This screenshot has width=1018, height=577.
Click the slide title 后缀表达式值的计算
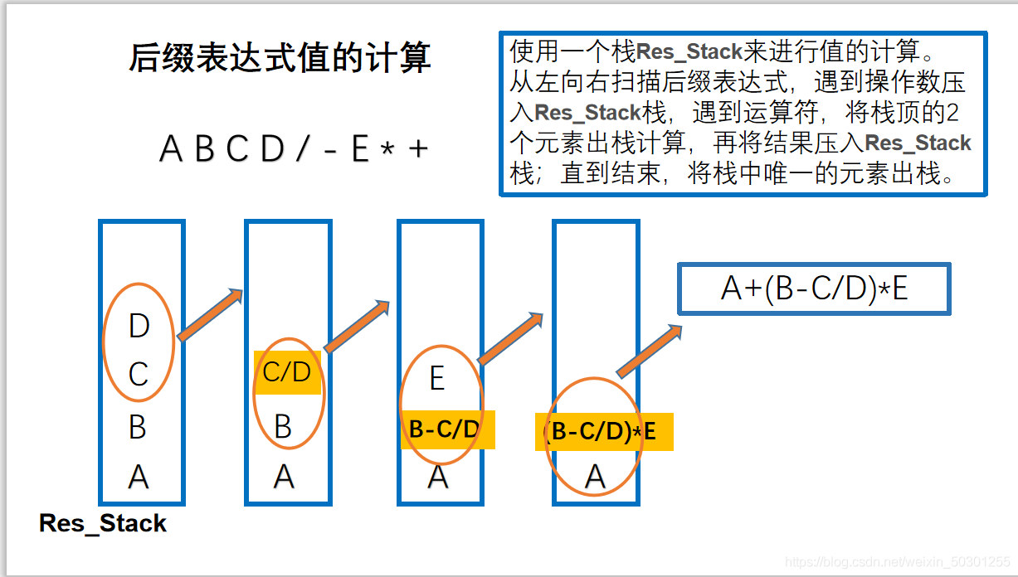280,59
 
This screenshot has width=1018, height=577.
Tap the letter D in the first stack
139,326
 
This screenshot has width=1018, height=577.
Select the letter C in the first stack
138,375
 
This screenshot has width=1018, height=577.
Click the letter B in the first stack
138,427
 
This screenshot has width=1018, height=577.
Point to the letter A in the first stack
139,477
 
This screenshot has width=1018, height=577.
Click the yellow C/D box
286,372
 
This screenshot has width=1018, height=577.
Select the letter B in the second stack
283,427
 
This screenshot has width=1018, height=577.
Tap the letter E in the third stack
437,379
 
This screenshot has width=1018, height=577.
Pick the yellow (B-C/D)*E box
603,432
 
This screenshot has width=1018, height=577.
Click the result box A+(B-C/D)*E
814,288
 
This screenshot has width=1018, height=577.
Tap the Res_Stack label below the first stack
103,524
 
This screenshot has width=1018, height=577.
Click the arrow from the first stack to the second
210,315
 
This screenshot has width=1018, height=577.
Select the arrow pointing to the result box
649,351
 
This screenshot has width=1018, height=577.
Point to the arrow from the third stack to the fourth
511,338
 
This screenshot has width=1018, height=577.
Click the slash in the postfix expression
301,149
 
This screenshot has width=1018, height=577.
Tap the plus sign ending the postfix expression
418,149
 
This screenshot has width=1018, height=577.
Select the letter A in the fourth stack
595,477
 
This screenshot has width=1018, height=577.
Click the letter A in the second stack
284,477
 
